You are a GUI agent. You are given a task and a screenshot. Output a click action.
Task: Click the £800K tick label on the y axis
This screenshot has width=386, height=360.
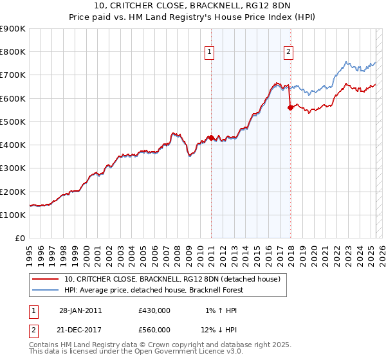13,52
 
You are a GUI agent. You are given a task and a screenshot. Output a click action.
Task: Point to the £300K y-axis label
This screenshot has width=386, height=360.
13,168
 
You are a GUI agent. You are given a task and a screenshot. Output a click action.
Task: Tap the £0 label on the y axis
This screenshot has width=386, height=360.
19,239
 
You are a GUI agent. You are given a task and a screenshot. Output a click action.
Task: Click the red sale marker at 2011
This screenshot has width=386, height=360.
211,138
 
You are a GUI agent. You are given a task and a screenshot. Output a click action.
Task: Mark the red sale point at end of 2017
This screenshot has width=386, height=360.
290,107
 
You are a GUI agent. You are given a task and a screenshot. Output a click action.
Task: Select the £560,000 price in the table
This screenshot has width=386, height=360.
154,329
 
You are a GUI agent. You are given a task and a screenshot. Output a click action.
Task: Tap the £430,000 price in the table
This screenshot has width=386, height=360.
154,310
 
